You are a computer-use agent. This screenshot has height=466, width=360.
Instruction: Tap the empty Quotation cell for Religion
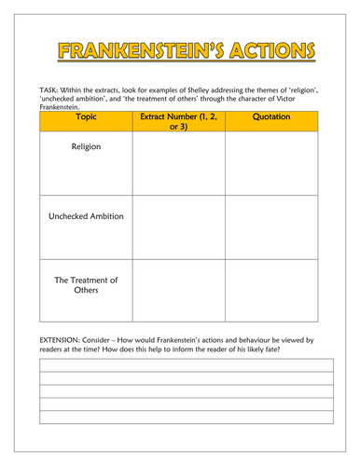point(271,163)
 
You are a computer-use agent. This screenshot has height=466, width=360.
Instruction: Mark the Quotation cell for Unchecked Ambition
point(271,227)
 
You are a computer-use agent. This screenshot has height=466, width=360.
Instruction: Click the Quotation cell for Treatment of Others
point(271,292)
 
